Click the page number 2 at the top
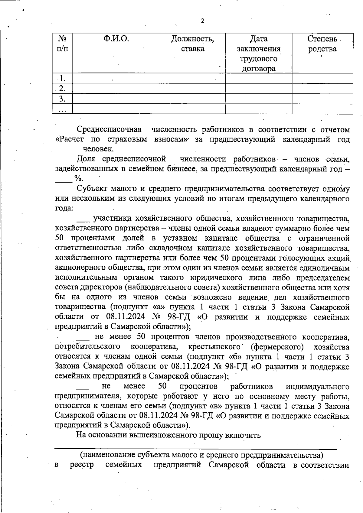tap(202, 21)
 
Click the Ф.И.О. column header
tap(116, 39)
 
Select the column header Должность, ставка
tap(193, 44)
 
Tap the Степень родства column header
tap(322, 44)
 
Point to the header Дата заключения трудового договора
tap(259, 54)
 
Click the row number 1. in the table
tap(62, 79)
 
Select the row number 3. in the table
tap(62, 99)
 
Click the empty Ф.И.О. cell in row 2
tap(116, 89)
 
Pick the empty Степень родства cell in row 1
tap(322, 79)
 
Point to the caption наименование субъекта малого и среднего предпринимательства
tap(201, 455)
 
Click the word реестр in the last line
tap(82, 465)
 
